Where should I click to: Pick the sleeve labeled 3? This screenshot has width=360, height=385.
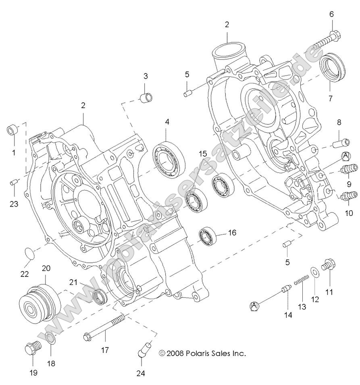point(146,98)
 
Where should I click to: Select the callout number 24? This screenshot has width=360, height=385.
point(140,373)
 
